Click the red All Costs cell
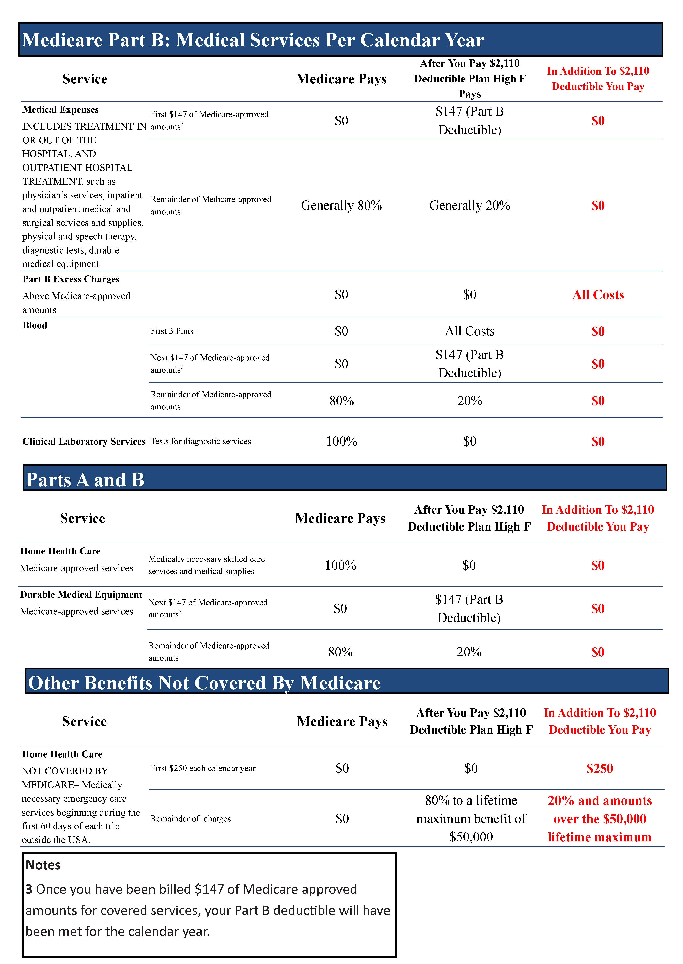tap(598, 295)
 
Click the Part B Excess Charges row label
tap(71, 279)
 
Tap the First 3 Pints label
tap(172, 331)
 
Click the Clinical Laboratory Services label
tap(84, 441)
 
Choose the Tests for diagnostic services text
tap(201, 441)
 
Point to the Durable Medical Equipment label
tap(81, 594)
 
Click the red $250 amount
tap(599, 768)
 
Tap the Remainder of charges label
tap(190, 819)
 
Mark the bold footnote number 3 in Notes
tap(29, 889)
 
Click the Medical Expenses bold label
tap(60, 110)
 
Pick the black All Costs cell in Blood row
tap(469, 331)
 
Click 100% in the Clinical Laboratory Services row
tap(341, 441)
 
